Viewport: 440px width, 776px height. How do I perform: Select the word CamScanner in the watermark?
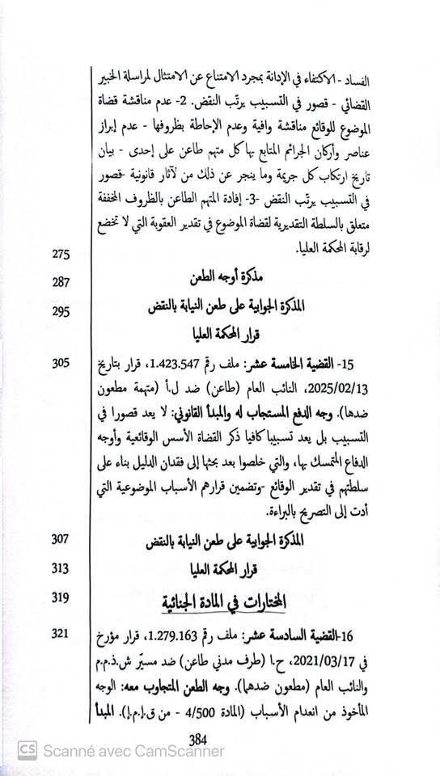point(182,751)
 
